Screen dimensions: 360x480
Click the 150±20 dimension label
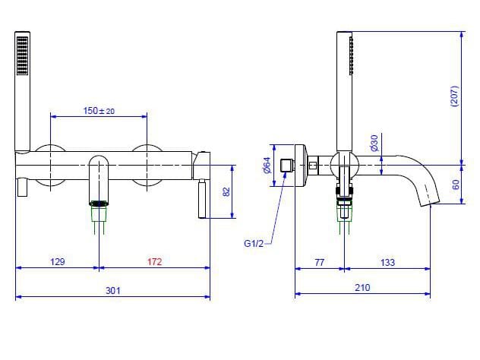(99, 111)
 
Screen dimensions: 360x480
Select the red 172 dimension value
(154, 262)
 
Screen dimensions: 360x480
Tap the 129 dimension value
(57, 262)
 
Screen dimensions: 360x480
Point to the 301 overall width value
(113, 290)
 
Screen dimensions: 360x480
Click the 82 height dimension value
(226, 193)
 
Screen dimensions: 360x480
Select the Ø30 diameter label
(374, 142)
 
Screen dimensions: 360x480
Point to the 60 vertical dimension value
(456, 185)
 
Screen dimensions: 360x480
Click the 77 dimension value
(319, 262)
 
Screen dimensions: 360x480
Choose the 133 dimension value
(387, 262)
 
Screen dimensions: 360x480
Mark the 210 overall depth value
(362, 288)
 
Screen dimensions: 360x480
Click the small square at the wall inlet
(287, 165)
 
